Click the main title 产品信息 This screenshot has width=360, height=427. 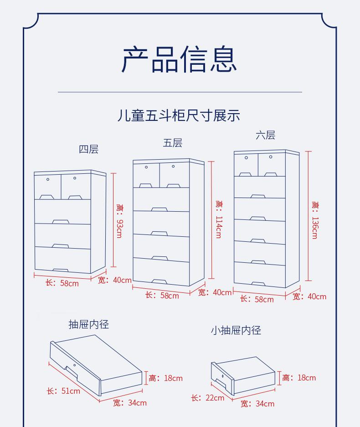click(180, 60)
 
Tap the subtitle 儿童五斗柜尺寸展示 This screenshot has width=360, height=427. click(179, 115)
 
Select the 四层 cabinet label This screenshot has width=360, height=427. click(88, 149)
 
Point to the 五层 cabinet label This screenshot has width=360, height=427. click(173, 143)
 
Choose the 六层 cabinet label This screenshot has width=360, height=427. click(265, 135)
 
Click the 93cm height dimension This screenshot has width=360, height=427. click(119, 222)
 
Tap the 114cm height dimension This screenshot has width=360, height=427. click(218, 219)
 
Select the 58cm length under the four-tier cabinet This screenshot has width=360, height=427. click(62, 283)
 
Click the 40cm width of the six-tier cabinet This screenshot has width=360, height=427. click(310, 297)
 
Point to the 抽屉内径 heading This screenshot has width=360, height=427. click(89, 324)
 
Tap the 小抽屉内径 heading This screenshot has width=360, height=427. click(236, 330)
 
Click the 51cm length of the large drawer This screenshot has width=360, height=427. click(63, 391)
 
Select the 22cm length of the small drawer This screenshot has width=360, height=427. click(208, 398)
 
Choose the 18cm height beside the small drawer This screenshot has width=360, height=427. click(299, 378)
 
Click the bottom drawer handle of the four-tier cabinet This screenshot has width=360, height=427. click(61, 270)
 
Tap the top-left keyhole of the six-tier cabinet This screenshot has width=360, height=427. click(246, 158)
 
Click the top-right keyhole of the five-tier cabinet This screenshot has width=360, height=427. click(174, 167)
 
